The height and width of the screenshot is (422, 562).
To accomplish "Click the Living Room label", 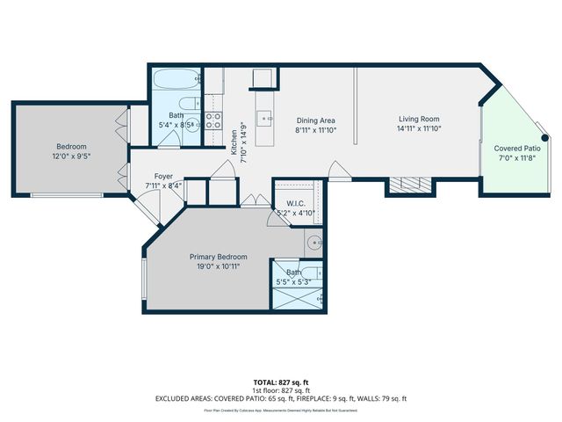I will click(418, 120).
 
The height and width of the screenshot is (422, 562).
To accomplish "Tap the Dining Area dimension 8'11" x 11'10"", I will click(316, 129).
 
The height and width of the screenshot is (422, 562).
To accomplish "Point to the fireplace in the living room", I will click(409, 186).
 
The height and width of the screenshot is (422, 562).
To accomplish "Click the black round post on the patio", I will click(545, 138).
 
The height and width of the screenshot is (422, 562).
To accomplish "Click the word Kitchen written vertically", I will click(234, 142).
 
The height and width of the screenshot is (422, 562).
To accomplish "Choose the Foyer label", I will click(163, 176).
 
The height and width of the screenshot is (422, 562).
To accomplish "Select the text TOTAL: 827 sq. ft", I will click(280, 382).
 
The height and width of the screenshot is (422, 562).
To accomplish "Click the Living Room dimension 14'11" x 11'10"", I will click(418, 129).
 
